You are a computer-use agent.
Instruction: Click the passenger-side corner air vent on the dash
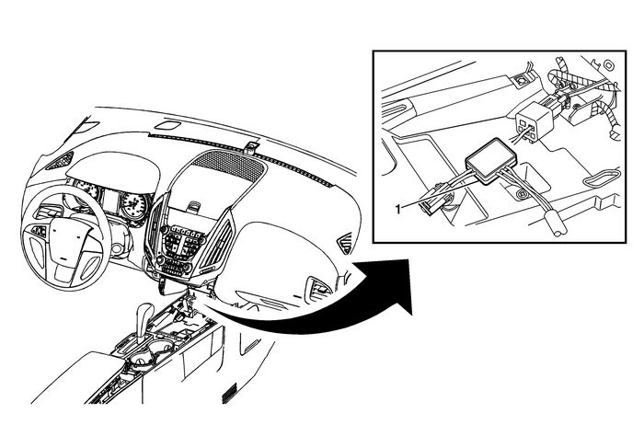(343, 243)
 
